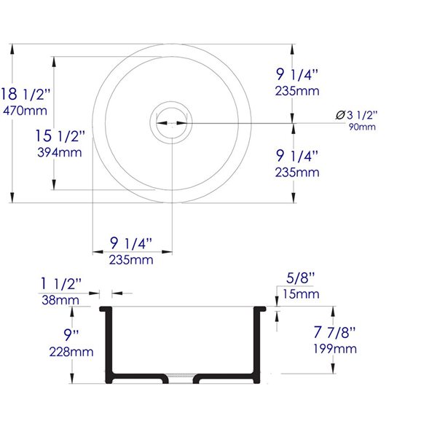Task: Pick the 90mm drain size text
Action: coord(361,127)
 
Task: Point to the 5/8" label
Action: coord(300,278)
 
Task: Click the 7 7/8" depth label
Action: coord(335,333)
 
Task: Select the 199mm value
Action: coord(335,349)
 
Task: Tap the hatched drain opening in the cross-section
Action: coord(181,374)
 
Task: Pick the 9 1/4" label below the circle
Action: coord(131,243)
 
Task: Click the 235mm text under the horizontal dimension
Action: coord(132,259)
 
